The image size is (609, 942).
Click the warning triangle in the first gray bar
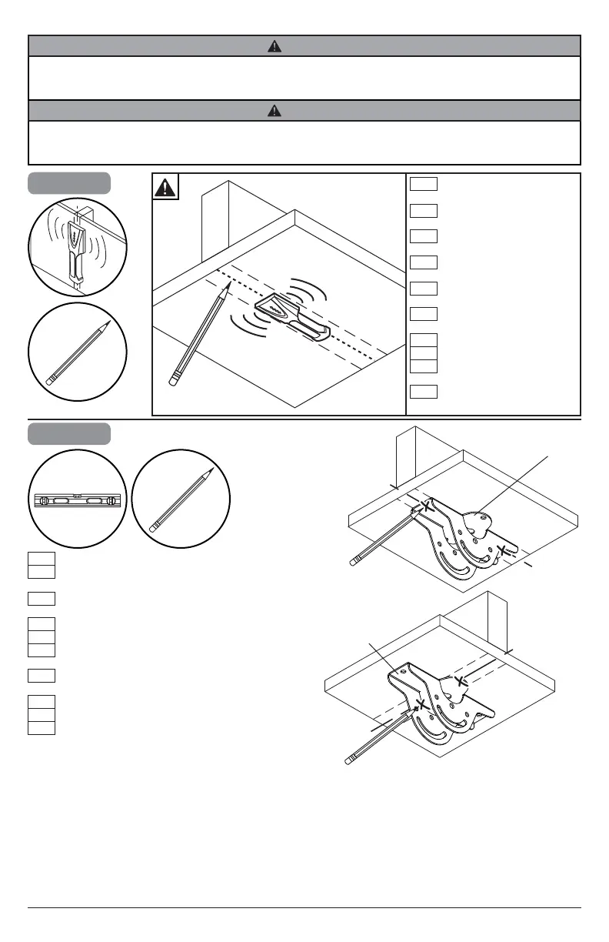[x=275, y=46]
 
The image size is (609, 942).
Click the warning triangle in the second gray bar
[x=275, y=111]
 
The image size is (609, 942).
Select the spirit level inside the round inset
[x=78, y=501]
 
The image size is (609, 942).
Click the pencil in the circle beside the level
[x=181, y=501]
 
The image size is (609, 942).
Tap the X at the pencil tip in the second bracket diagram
[x=421, y=703]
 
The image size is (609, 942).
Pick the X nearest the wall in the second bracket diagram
[x=460, y=680]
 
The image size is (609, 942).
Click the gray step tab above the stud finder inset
[x=69, y=183]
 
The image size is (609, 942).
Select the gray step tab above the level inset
[x=69, y=433]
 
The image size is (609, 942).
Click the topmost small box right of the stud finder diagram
[x=424, y=183]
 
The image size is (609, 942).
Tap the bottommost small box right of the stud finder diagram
[x=424, y=392]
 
